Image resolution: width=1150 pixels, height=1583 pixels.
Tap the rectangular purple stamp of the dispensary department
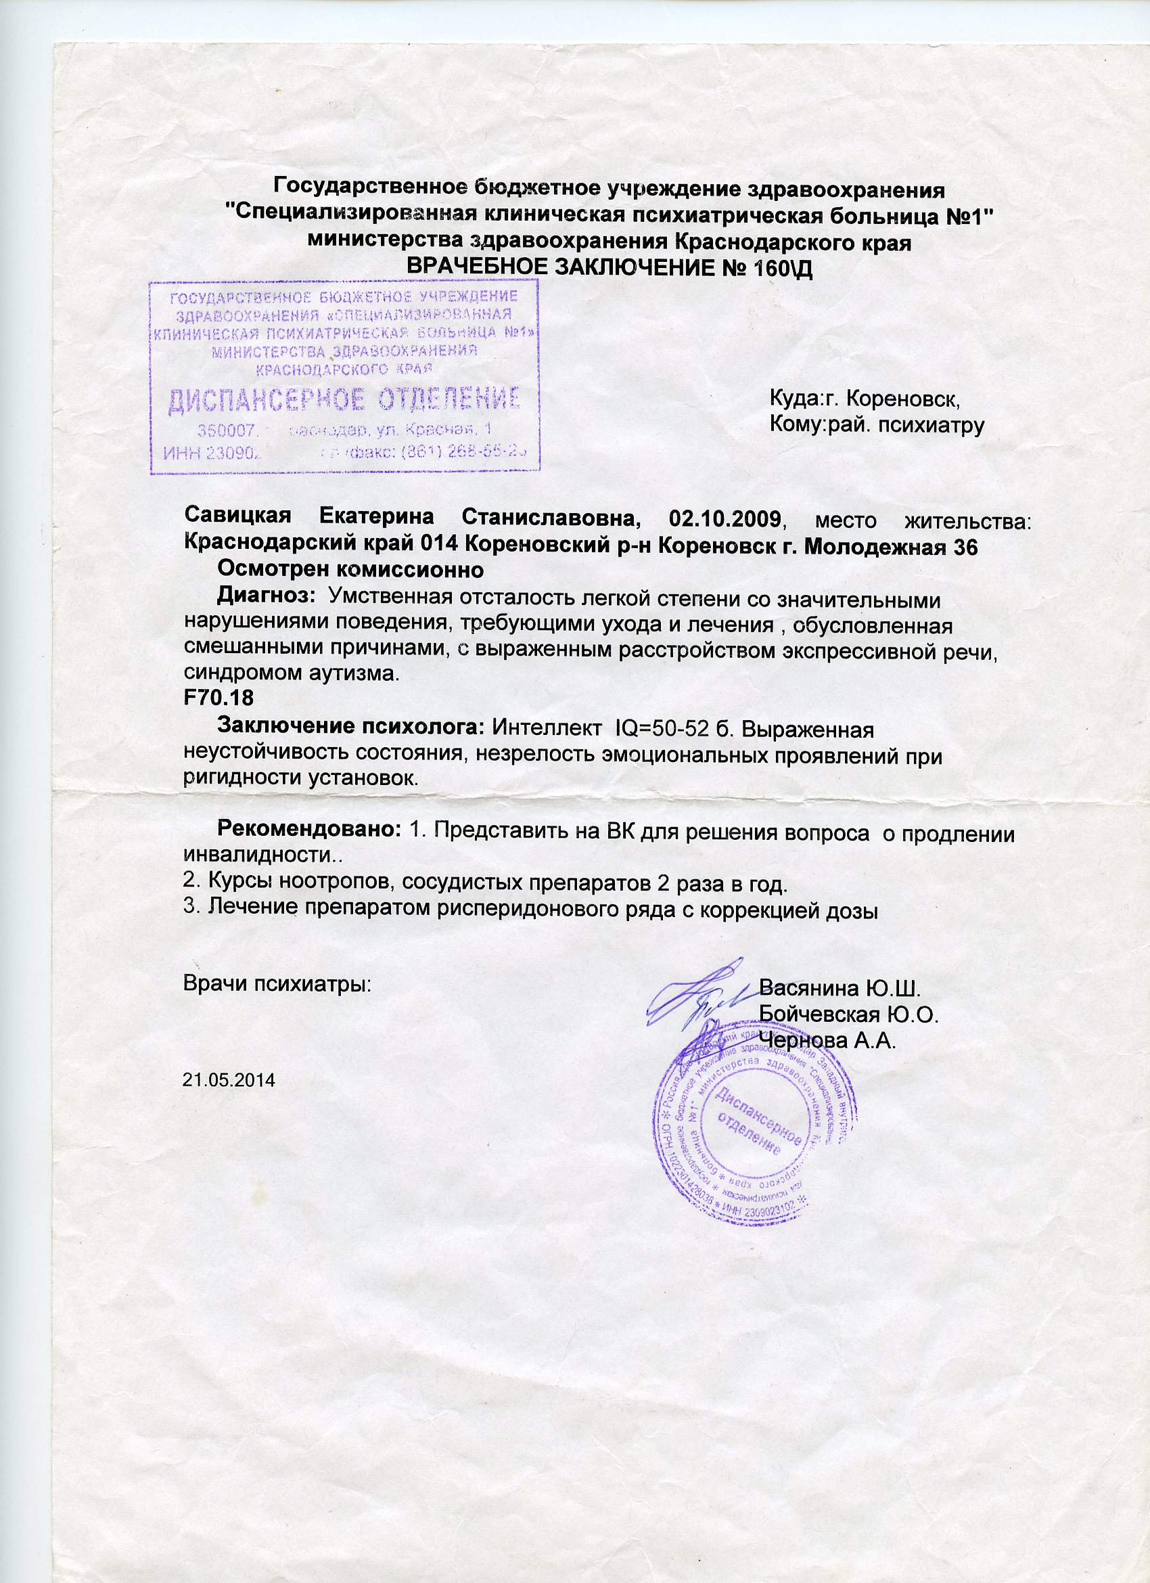coord(345,377)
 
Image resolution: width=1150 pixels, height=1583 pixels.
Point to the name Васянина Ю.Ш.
coord(841,988)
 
